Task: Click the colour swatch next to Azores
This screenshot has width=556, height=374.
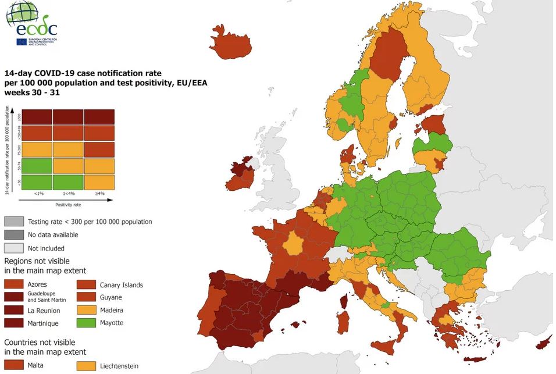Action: (x=14, y=284)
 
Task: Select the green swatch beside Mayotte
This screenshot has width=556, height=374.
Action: (x=87, y=323)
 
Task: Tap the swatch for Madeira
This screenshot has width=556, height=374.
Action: (x=87, y=310)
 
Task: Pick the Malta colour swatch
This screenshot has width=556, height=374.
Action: (x=14, y=365)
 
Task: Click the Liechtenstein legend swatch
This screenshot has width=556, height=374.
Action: (x=87, y=366)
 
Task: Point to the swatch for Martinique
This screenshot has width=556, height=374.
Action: (x=14, y=323)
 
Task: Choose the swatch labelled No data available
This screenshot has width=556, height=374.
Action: (x=14, y=234)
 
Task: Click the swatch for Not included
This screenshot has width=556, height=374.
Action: (x=14, y=248)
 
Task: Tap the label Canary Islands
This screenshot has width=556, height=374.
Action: (x=121, y=285)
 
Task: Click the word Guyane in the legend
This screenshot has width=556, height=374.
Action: (x=111, y=297)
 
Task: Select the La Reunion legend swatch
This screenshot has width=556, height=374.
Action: (x=14, y=310)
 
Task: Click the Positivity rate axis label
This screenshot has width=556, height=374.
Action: (x=68, y=205)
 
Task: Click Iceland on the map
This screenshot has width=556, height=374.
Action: (x=231, y=44)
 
